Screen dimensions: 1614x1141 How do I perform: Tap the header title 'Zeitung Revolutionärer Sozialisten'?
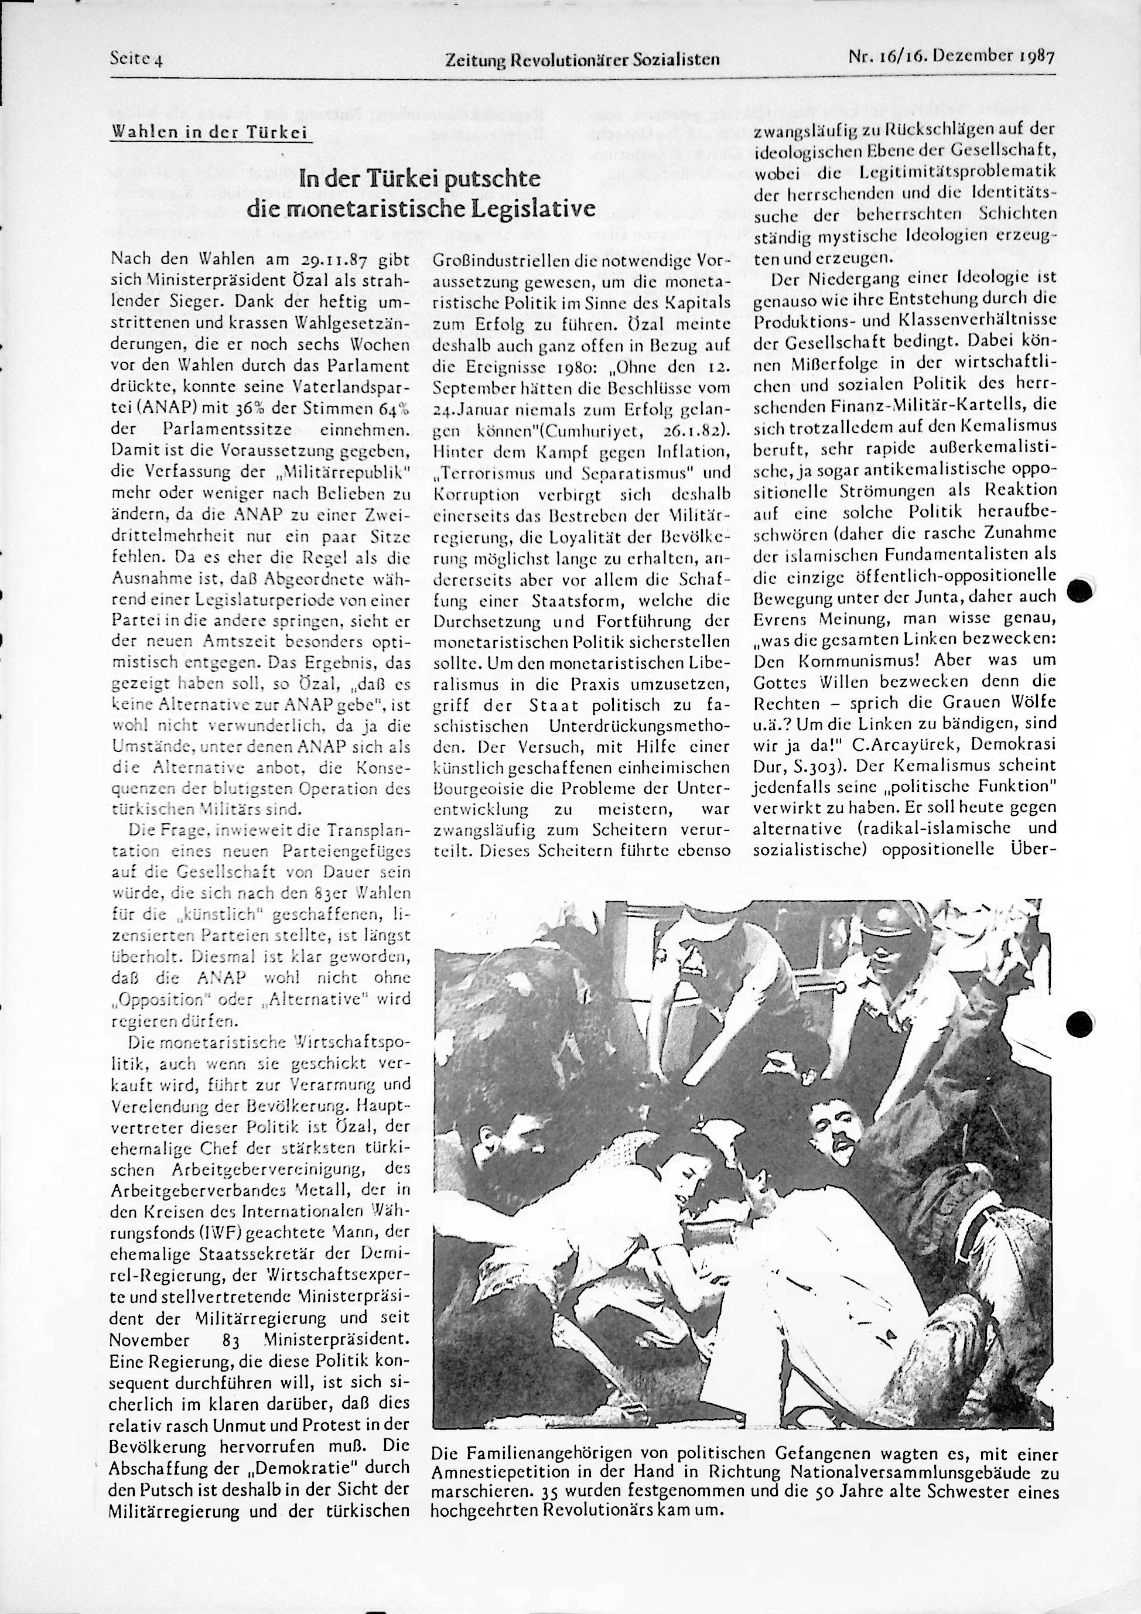pyautogui.click(x=583, y=60)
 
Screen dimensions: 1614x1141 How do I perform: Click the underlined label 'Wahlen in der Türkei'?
pyautogui.click(x=210, y=133)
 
